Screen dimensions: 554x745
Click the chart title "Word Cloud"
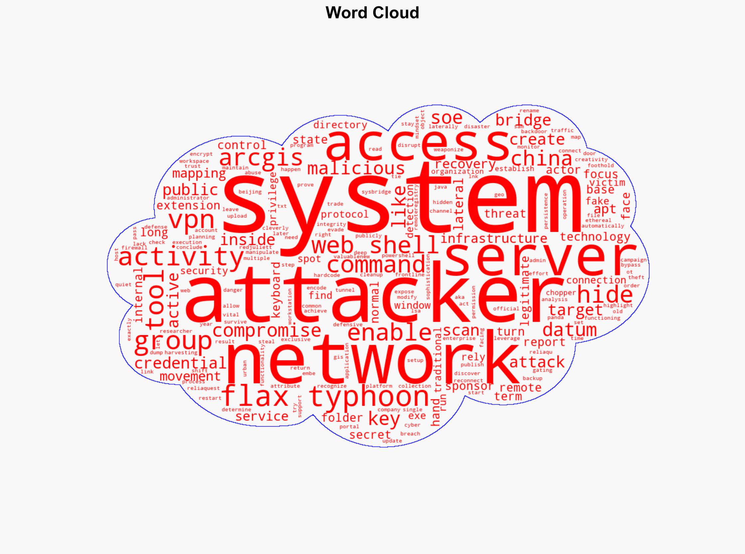(372, 13)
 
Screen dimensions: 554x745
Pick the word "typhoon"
(369, 398)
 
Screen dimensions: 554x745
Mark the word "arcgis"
(261, 158)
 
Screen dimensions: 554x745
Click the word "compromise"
(267, 330)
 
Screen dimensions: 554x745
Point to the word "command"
(376, 265)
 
